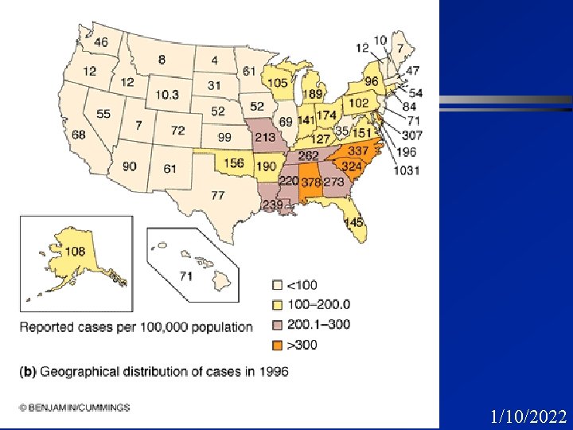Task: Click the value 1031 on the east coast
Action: (407, 170)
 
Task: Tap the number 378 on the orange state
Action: (310, 182)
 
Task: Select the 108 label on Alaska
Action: (75, 252)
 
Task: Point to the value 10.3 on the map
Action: (167, 95)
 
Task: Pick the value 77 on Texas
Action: (218, 194)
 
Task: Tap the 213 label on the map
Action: (264, 138)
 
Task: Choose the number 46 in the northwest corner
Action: (101, 42)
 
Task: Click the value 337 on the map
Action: (357, 151)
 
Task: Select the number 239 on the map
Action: (273, 205)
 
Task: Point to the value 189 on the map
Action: (312, 95)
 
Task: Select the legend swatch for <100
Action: (278, 283)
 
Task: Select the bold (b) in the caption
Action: (28, 371)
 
